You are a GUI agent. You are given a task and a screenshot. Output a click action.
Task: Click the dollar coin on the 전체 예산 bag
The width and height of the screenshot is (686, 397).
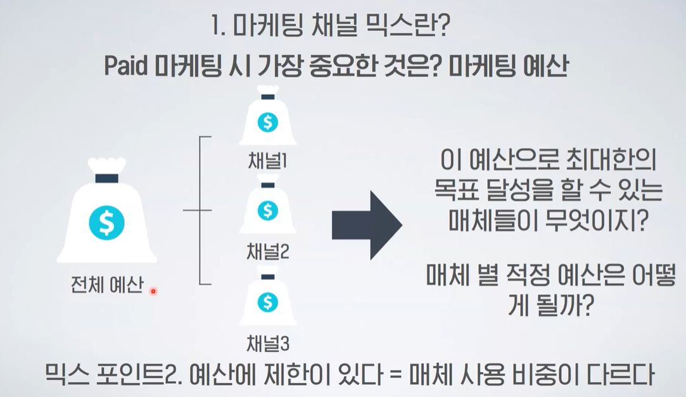[x=106, y=222]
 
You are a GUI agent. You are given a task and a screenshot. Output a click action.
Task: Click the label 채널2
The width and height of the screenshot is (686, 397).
[x=267, y=253]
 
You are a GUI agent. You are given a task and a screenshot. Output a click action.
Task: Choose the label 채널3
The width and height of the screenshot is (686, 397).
[x=267, y=344]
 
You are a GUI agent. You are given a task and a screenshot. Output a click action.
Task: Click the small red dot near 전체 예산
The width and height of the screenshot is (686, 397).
[x=153, y=291]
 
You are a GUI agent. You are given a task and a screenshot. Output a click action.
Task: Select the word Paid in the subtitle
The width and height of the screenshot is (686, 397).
[x=126, y=67]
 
